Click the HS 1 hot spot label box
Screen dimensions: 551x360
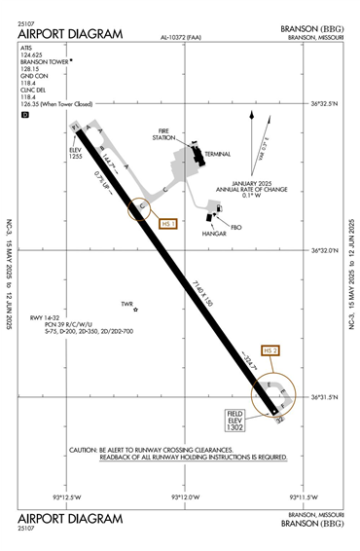[x=167, y=223]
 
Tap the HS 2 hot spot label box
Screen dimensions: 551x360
[x=271, y=349]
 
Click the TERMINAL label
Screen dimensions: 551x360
[x=217, y=155]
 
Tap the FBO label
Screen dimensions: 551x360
[x=236, y=215]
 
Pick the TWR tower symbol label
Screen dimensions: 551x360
[x=126, y=304]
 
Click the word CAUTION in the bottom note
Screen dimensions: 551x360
[x=85, y=449]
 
